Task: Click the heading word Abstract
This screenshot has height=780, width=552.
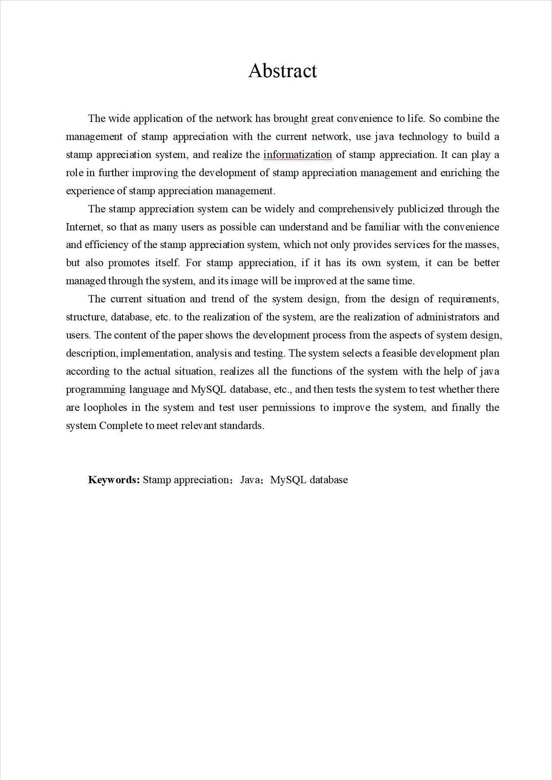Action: click(282, 71)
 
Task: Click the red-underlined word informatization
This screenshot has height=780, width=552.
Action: click(298, 155)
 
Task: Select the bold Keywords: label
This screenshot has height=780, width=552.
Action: click(114, 480)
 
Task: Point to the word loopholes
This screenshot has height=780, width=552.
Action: click(105, 407)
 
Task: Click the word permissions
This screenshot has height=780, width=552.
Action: click(289, 407)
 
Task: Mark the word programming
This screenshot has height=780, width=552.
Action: click(95, 389)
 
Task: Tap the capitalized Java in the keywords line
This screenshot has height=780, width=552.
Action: click(250, 480)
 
